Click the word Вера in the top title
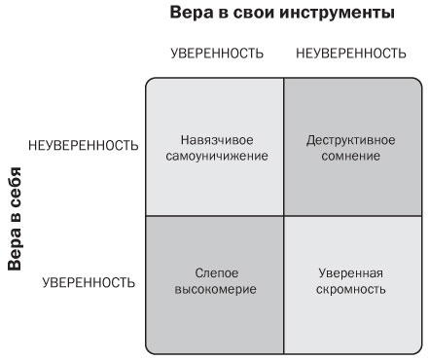tap(189, 14)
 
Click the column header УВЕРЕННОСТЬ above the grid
tap(216, 54)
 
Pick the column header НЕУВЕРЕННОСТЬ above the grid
tap(350, 54)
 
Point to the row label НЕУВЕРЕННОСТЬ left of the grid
tap(85, 146)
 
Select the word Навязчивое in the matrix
tap(215, 139)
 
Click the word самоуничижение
tap(215, 156)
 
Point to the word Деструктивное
tap(350, 139)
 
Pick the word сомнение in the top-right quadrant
tap(350, 156)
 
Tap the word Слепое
tap(215, 273)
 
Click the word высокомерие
tap(215, 290)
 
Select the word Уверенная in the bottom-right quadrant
tap(350, 273)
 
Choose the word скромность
tap(350, 290)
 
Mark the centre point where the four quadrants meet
tap(283, 215)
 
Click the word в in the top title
tap(222, 14)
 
